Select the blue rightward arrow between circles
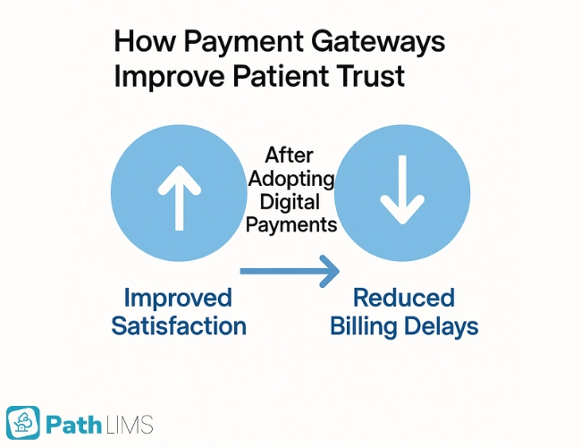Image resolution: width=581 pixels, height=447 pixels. point(290,267)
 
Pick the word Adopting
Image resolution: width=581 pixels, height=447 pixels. point(291,179)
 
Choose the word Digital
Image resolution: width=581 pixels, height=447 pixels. point(290,202)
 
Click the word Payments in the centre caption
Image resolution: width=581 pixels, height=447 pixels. point(291,224)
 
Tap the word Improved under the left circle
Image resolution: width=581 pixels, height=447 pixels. point(178,298)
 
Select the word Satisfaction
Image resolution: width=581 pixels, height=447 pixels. point(179,325)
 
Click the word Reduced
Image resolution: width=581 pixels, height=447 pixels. point(404,298)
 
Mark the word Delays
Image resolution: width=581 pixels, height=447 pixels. point(442,326)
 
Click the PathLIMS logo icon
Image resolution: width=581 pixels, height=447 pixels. point(23,423)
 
